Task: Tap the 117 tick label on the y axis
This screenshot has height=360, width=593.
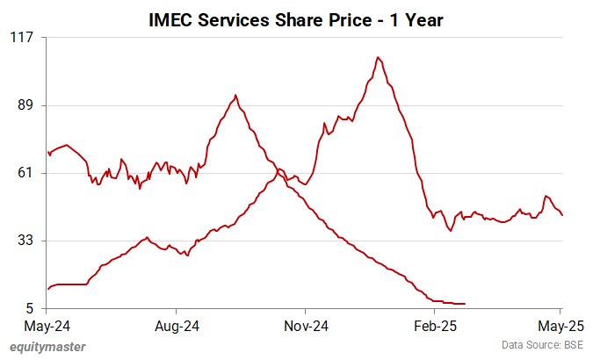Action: coord(22,37)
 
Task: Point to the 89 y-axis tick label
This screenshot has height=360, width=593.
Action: coord(25,105)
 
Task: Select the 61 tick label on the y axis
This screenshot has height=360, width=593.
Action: coord(25,173)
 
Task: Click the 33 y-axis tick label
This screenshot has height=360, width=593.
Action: coord(25,241)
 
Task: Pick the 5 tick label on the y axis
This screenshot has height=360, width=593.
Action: coord(29,308)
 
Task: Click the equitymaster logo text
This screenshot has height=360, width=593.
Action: coord(47,347)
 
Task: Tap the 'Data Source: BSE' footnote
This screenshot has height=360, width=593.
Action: coord(541,345)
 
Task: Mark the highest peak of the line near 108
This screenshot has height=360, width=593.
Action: coord(378,57)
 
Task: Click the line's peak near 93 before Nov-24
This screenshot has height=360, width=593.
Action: coord(235,95)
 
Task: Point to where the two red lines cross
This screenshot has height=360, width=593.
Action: coord(278,169)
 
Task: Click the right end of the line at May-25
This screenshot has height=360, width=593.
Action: coord(562,215)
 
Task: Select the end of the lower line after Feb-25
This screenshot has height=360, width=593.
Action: coord(465,304)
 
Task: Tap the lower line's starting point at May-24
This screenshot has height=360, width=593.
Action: coord(47,289)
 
